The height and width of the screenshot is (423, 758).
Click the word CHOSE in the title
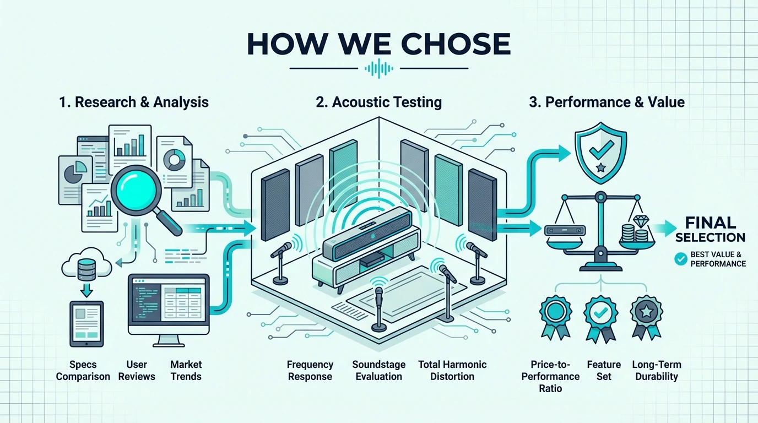[x=456, y=44]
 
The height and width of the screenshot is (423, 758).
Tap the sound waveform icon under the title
[x=379, y=68]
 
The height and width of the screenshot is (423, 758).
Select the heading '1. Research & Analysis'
[x=134, y=102]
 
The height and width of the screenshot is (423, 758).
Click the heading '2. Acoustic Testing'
[x=378, y=102]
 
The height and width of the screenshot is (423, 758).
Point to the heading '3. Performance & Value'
[x=607, y=102]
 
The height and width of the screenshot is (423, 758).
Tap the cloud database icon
[x=86, y=264]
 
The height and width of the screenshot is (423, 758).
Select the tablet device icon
[x=86, y=324]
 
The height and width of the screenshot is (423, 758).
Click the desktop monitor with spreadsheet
[x=169, y=310]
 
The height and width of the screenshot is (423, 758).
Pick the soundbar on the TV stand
[x=367, y=234]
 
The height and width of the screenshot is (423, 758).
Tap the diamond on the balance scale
[x=640, y=222]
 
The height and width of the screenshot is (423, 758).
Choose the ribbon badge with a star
[x=646, y=317]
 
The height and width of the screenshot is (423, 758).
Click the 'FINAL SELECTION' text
[x=710, y=230]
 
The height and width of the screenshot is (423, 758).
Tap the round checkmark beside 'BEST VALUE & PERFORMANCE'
[x=680, y=259]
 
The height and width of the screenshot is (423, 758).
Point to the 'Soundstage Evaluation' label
[x=378, y=370]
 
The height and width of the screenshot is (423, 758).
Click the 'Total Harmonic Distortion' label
[x=452, y=370]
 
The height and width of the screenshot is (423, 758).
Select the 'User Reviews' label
[x=137, y=370]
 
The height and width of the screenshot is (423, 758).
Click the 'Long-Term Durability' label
[x=657, y=370]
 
